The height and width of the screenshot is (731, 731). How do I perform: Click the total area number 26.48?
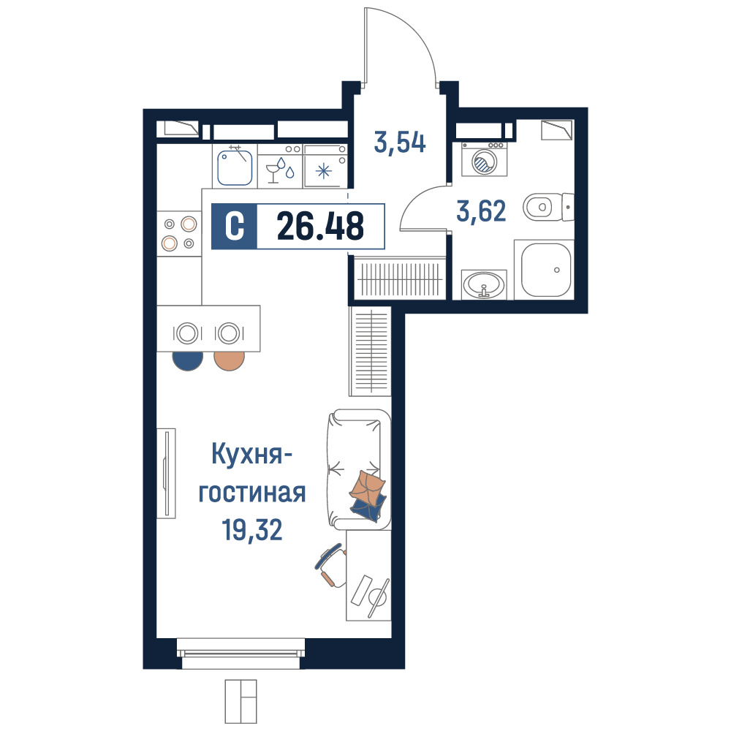point(320,226)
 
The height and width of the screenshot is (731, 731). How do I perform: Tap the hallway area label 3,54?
point(400,143)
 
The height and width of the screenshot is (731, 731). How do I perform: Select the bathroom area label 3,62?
point(481,211)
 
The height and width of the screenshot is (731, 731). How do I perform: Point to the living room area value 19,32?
point(252,530)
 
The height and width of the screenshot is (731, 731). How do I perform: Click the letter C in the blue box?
point(234,226)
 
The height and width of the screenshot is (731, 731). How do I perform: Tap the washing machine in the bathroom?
point(485,159)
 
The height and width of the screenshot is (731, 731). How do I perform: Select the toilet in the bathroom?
point(548,207)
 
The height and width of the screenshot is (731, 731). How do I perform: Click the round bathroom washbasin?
point(484,284)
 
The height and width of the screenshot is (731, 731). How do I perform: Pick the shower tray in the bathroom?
point(544,270)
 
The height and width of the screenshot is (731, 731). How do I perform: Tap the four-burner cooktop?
point(179,234)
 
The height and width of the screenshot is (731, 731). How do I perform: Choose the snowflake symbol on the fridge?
point(324,171)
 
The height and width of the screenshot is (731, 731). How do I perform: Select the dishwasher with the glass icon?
point(280,165)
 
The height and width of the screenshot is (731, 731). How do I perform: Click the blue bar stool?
point(187,360)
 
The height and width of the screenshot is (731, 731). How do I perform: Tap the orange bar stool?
point(230,360)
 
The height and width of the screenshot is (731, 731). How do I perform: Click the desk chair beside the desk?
point(331,565)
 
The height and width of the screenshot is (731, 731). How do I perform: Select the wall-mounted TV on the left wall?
point(166,473)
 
